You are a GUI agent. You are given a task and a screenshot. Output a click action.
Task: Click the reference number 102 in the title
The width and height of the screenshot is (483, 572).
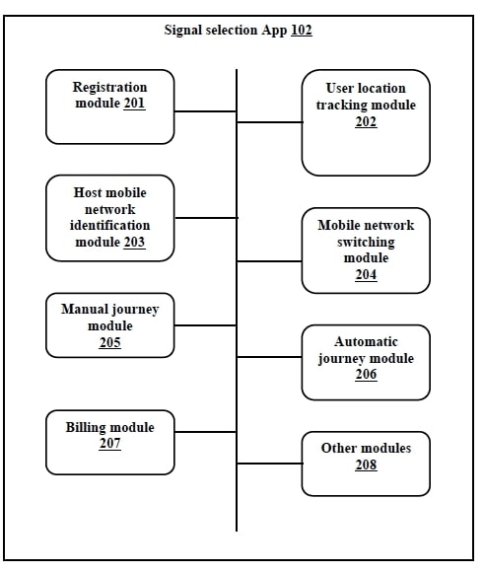(x=302, y=30)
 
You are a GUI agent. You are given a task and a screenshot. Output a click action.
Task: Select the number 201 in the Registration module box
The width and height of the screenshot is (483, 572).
(x=134, y=103)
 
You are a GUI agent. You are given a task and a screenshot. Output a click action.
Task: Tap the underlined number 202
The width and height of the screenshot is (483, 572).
(x=366, y=121)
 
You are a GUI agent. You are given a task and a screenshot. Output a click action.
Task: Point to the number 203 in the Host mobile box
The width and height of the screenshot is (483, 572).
(x=134, y=242)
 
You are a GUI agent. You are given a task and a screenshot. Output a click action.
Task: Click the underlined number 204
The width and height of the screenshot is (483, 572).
(x=366, y=275)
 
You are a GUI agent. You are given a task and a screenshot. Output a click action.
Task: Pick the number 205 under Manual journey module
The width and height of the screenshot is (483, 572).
(x=110, y=342)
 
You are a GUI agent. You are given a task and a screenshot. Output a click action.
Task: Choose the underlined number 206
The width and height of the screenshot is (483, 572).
(x=366, y=375)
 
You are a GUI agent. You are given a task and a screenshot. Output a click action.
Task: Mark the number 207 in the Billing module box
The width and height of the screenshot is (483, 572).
(x=110, y=443)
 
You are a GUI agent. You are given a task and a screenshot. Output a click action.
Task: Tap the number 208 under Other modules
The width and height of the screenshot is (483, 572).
(x=366, y=465)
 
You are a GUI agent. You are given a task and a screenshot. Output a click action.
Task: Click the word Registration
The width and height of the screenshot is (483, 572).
(x=109, y=88)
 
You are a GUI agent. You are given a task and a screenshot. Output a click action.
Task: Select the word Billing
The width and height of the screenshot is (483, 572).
(x=85, y=428)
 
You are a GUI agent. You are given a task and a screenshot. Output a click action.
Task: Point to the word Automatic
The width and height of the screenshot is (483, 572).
(x=366, y=342)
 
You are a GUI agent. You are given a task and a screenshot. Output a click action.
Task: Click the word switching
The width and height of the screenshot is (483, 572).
(x=366, y=243)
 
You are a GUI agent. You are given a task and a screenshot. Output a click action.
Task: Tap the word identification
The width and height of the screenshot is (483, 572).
(x=110, y=226)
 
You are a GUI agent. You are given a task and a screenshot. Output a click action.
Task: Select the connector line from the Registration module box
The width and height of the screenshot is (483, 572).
(x=205, y=111)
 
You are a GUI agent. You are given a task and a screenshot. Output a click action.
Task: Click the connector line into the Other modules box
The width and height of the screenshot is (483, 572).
(x=269, y=464)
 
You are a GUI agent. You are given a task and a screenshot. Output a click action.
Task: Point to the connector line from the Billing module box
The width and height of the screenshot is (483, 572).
(x=205, y=432)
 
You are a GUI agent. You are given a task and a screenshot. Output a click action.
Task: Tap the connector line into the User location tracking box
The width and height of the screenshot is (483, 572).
(x=269, y=122)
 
